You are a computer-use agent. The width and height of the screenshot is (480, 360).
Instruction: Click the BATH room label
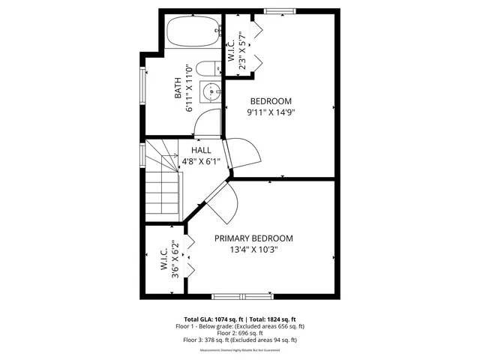click(x=178, y=91)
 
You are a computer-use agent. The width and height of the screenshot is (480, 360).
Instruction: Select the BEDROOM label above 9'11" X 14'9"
click(x=271, y=101)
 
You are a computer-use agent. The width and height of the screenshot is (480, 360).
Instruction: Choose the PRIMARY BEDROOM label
click(x=253, y=238)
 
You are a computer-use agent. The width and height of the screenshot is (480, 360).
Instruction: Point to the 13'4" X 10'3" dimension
click(x=253, y=250)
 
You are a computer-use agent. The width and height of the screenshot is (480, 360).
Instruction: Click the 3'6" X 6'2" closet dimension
click(x=174, y=259)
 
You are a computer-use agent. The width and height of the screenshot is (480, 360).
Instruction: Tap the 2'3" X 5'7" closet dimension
click(x=241, y=49)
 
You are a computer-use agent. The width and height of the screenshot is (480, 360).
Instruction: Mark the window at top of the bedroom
click(x=279, y=10)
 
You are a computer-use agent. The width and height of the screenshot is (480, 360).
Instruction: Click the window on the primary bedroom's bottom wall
click(x=238, y=295)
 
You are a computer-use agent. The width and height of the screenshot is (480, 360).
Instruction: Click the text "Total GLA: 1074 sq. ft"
click(x=211, y=319)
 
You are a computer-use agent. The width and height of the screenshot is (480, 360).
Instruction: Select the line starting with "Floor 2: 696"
click(x=240, y=333)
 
